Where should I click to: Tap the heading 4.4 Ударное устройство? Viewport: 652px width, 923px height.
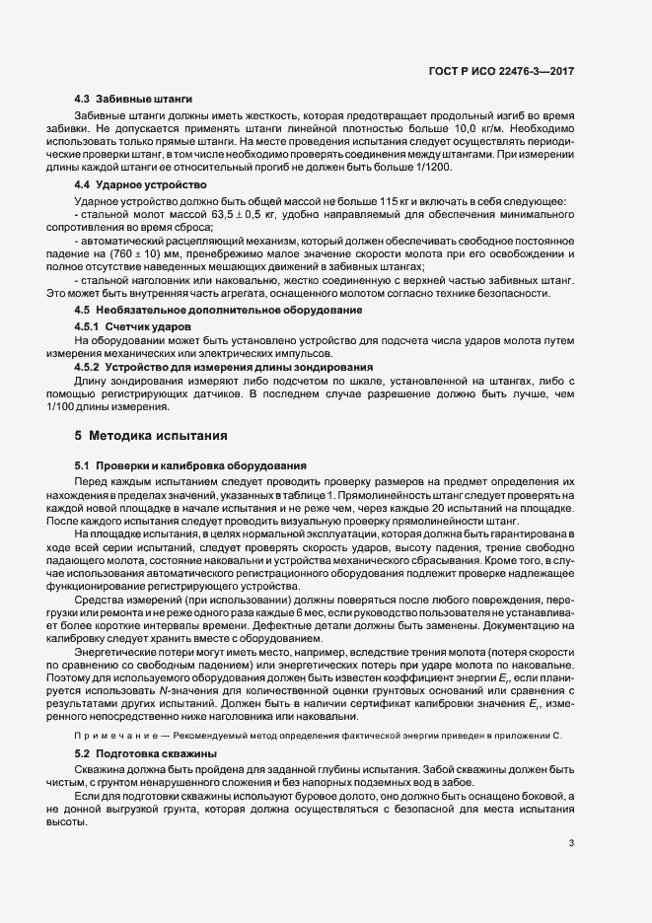[x=140, y=185]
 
